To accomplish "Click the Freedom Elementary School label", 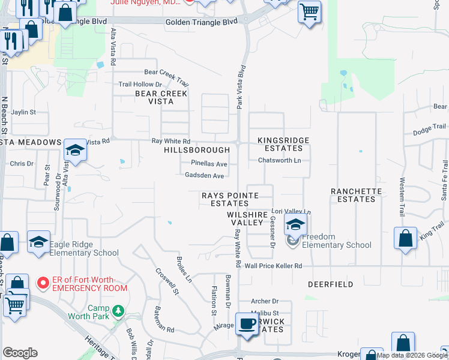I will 336,241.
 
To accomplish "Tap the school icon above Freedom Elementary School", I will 295,225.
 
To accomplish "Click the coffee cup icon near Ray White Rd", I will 246,324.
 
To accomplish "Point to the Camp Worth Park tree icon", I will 119,311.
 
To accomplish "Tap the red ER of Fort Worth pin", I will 43,282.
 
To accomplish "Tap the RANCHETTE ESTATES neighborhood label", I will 357,195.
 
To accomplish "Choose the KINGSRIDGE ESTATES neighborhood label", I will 283,144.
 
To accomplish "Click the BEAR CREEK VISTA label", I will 161,97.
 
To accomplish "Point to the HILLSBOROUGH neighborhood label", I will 197,150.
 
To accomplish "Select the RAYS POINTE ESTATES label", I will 230,199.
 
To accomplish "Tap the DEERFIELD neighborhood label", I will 331,284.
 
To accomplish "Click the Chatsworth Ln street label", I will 279,160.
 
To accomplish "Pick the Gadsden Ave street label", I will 204,176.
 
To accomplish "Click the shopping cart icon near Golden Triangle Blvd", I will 309,11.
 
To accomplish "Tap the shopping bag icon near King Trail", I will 406,238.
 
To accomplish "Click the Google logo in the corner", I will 20,353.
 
